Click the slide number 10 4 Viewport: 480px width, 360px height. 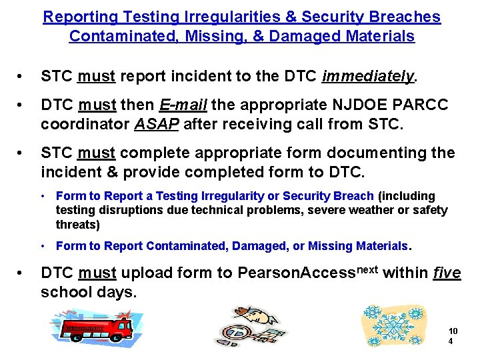pyautogui.click(x=453, y=336)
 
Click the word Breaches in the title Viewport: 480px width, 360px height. pyautogui.click(x=405, y=17)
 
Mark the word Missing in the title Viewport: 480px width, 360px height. pyautogui.click(x=211, y=36)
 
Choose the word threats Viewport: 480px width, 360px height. pyautogui.click(x=77, y=225)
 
